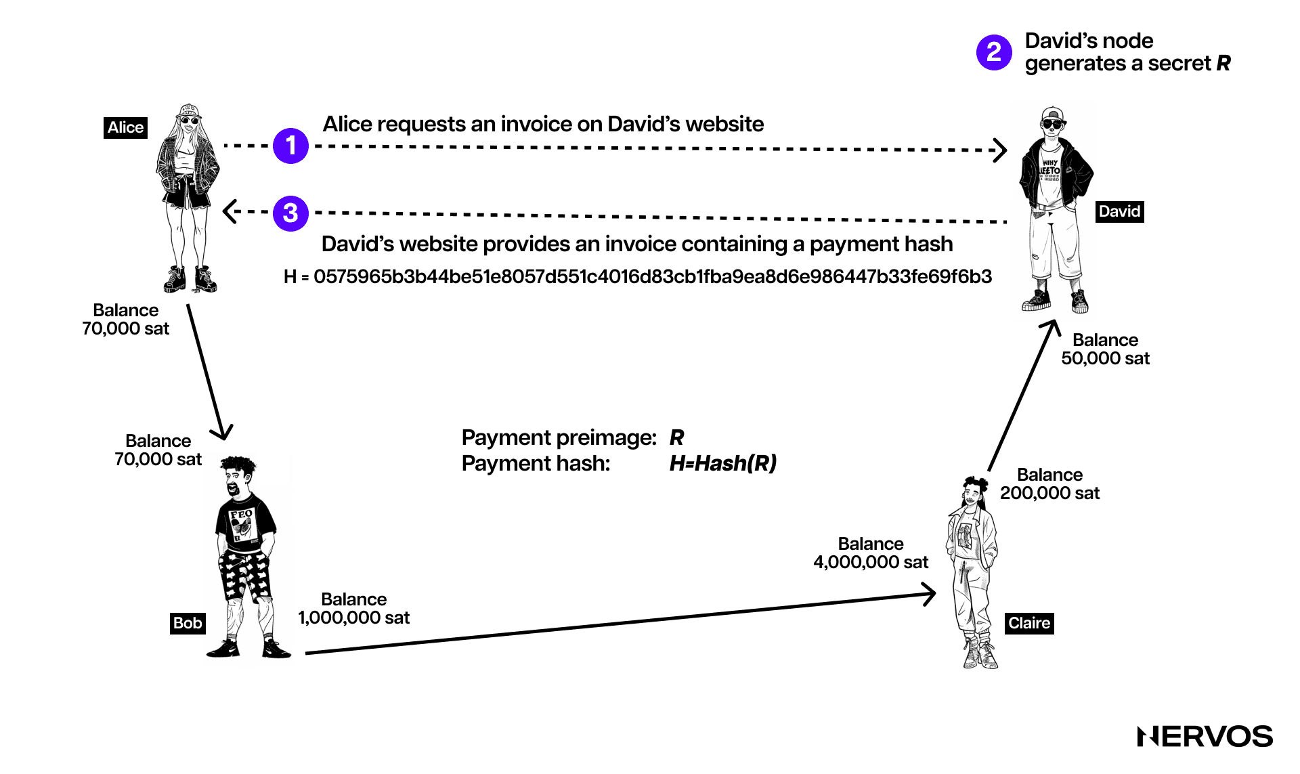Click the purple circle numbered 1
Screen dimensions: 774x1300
click(x=290, y=146)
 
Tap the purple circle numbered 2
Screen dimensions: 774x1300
click(x=994, y=52)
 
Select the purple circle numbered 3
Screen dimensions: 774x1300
click(x=290, y=213)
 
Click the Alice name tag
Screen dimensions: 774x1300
click(x=125, y=127)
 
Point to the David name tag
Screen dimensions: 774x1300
click(x=1119, y=211)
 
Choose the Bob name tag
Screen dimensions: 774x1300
click(x=188, y=623)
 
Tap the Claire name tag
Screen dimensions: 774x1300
click(x=1028, y=623)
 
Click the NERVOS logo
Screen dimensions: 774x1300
click(x=1205, y=736)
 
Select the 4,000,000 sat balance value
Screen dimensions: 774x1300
click(x=870, y=562)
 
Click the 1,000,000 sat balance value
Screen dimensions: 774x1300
click(x=353, y=618)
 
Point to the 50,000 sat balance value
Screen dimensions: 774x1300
click(x=1105, y=358)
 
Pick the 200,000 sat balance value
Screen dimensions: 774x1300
click(x=1049, y=493)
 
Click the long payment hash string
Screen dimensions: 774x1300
click(x=638, y=276)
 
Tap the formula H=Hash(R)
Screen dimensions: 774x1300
click(x=722, y=463)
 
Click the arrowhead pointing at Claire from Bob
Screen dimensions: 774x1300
click(x=930, y=595)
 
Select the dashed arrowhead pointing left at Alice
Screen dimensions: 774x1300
click(x=229, y=211)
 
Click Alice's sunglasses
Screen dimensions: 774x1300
click(x=188, y=121)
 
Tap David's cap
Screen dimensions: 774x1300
click(x=1052, y=112)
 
